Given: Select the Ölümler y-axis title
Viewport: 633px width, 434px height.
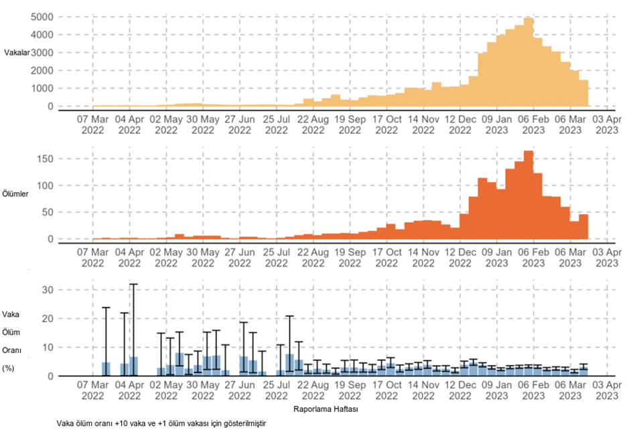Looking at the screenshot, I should pos(16,194).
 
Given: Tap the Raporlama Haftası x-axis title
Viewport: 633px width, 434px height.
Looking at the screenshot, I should pos(326,407).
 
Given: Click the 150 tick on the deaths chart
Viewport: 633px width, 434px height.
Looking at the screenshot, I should pos(44,159).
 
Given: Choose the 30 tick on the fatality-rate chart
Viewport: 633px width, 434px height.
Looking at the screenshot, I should pos(47,290).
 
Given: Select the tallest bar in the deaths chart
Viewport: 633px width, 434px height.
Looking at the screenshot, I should pos(529,194).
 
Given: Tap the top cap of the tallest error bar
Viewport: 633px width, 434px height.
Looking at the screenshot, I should pos(133,284).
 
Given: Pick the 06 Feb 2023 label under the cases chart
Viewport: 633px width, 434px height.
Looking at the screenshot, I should pos(533,125).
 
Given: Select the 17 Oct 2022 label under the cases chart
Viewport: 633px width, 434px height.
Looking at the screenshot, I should pos(386,125).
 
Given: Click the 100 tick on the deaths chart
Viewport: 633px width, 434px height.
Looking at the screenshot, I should pos(44,186).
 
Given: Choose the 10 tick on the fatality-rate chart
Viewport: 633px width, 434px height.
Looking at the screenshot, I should pos(47,348).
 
